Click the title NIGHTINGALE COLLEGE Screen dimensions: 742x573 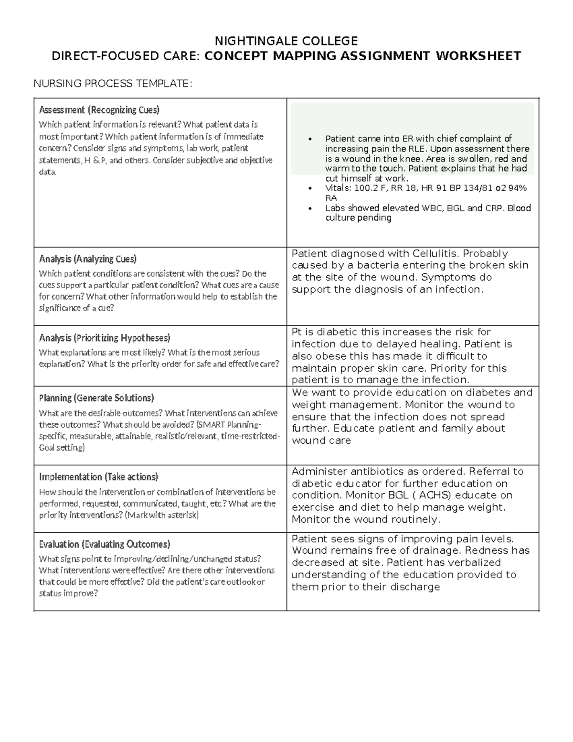tap(286, 40)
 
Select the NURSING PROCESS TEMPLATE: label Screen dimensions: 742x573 tap(113, 84)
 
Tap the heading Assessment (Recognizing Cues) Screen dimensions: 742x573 tap(99, 110)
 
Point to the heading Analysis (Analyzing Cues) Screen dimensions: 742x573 tap(87, 259)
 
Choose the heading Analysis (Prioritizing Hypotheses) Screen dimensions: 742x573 tap(104, 338)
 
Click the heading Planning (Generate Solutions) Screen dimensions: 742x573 tap(96, 398)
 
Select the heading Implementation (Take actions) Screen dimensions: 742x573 tap(98, 477)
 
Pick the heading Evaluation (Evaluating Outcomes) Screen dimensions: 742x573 tap(104, 544)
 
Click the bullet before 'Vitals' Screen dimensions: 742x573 tap(310, 188)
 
